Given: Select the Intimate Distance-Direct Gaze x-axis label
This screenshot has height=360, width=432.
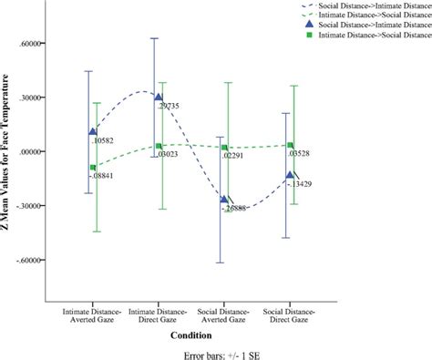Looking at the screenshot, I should [x=159, y=315].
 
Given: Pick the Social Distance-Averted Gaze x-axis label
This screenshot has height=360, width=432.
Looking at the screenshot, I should [x=224, y=315].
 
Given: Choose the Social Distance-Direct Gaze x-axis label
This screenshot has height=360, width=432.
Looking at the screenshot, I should [x=291, y=315].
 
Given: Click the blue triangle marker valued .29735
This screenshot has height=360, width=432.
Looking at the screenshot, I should [x=158, y=97].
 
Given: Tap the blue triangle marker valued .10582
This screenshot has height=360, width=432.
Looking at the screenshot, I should [x=92, y=131].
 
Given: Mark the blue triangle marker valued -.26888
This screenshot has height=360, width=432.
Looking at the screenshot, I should [x=223, y=199].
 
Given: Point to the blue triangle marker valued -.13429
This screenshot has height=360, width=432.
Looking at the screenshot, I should [x=290, y=175].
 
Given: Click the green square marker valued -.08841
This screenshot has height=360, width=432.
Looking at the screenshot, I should [x=93, y=168].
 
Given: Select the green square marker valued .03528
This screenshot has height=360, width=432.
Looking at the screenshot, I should [x=291, y=146].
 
